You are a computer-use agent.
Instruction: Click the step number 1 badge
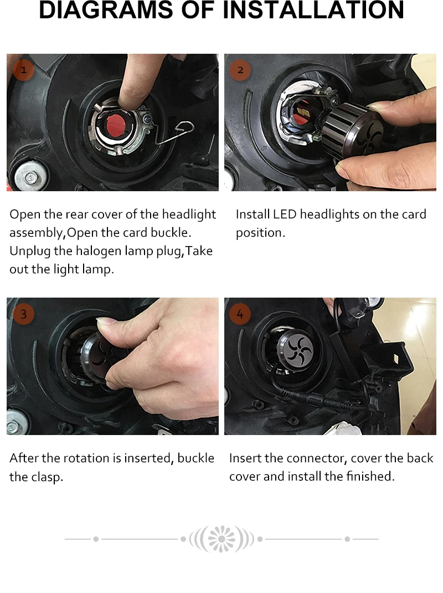point(24,70)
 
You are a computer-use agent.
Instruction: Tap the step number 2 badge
point(240,70)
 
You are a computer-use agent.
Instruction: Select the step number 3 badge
point(24,314)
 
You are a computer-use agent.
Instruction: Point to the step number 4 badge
point(240,314)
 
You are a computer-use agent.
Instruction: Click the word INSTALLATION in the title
point(313,9)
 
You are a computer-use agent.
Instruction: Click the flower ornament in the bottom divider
point(222,539)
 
